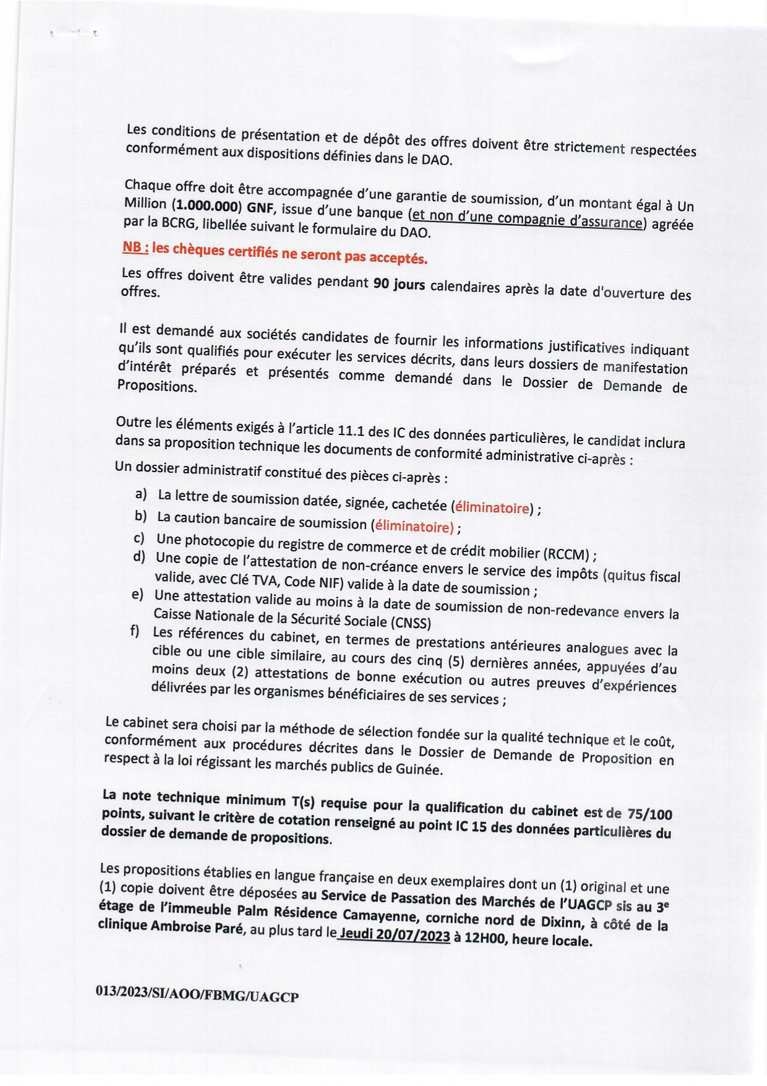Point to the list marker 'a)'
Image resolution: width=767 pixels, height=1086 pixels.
[x=141, y=493]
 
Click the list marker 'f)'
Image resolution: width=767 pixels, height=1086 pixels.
[x=134, y=631]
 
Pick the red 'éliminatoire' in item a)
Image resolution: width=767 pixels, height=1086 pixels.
[x=492, y=508]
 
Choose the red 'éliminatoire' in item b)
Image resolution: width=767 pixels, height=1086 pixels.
[x=413, y=526]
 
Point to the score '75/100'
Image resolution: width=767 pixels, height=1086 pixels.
[x=649, y=814]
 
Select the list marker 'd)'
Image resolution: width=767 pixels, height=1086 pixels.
[x=139, y=556]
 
